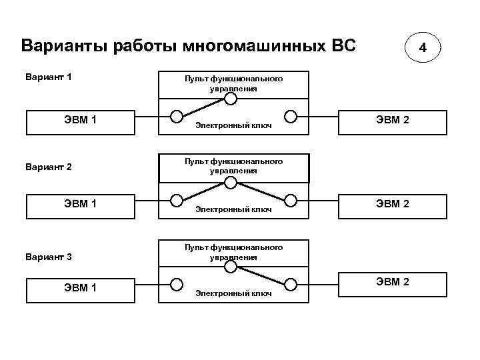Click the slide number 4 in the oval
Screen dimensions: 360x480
[x=422, y=49]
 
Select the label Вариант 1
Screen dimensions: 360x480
[x=48, y=77]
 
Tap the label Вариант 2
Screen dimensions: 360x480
[x=48, y=166]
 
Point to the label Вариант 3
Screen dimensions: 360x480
[x=48, y=256]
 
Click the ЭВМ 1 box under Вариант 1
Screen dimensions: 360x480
[x=80, y=121]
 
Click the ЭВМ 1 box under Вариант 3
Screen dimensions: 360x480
[x=80, y=288]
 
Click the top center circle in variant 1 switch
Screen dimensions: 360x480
[x=231, y=99]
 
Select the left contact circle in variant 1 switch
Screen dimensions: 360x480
[x=177, y=116]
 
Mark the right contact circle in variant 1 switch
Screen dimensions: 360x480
[x=290, y=116]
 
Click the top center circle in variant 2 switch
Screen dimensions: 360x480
[x=231, y=183]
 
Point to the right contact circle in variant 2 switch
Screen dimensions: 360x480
[x=290, y=200]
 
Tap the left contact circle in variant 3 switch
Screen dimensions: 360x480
[x=177, y=284]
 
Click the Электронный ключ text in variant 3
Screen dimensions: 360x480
[x=233, y=293]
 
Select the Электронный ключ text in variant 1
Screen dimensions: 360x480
[x=233, y=125]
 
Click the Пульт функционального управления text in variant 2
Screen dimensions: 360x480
[x=233, y=166]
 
